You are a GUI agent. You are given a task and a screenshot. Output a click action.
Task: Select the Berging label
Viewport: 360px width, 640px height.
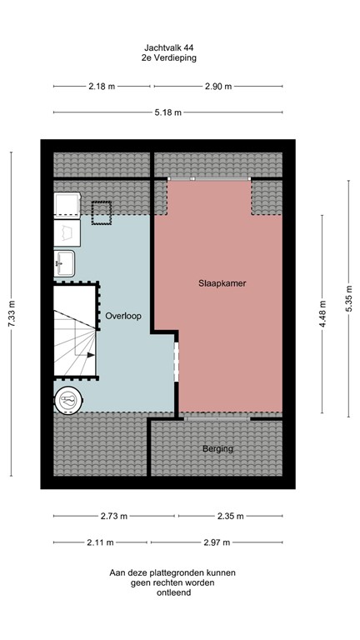tap(217, 449)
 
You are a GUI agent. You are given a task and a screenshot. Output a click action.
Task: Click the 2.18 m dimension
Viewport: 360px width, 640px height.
tap(102, 87)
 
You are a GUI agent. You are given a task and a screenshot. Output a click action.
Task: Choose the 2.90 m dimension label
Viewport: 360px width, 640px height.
tap(218, 87)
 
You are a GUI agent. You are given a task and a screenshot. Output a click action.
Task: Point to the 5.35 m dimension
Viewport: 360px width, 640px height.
tap(348, 296)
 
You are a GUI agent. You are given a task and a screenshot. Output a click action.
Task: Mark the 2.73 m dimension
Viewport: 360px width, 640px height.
tap(113, 517)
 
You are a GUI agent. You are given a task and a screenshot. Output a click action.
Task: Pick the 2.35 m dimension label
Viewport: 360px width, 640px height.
tap(229, 517)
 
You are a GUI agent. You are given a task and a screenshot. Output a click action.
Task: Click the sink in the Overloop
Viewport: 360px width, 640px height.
tap(65, 262)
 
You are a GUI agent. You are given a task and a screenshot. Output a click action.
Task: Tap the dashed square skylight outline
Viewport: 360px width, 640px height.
tap(102, 213)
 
